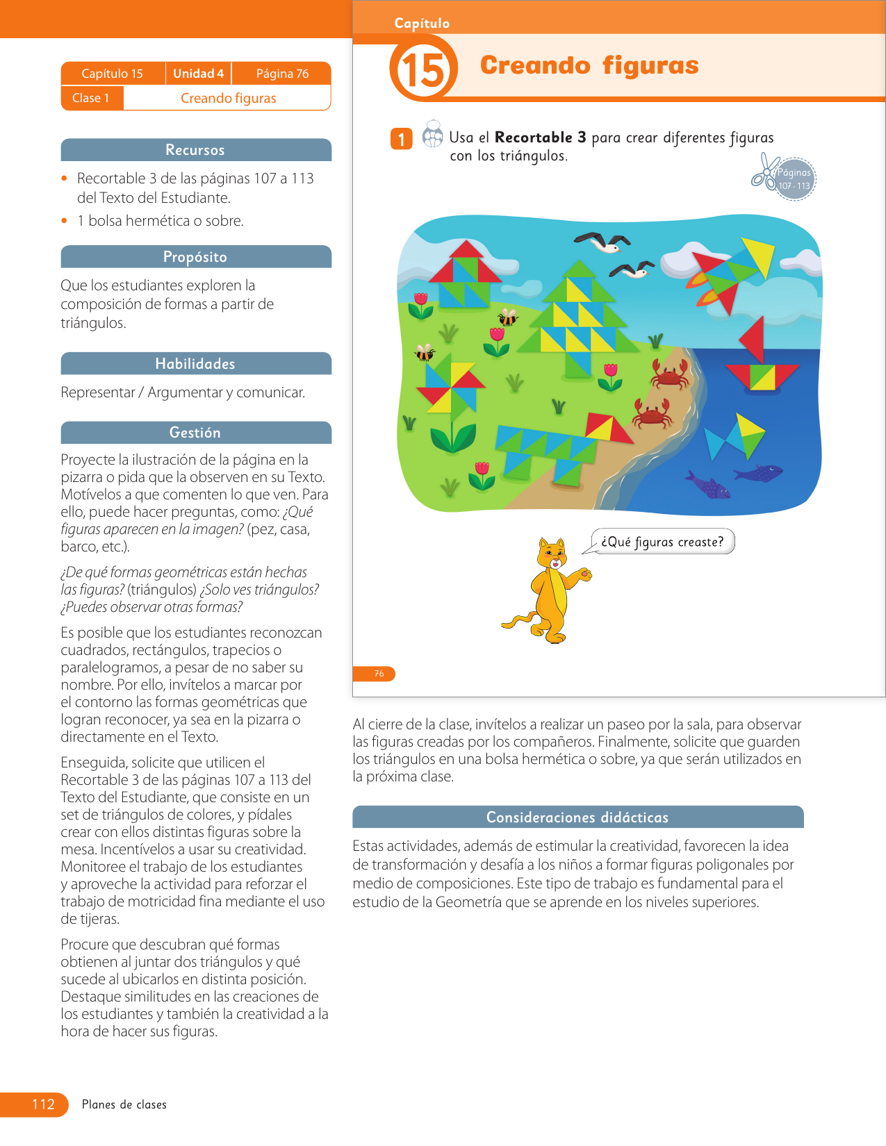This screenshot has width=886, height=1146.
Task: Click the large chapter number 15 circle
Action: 423,69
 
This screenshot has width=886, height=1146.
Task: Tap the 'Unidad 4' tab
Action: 198,73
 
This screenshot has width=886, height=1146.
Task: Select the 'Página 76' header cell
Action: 282,73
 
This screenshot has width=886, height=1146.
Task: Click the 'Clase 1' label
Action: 91,98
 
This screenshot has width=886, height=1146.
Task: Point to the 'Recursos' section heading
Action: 195,150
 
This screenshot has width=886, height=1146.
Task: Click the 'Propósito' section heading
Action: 195,257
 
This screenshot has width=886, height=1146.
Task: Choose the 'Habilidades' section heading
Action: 195,364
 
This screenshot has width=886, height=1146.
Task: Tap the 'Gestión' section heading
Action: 195,433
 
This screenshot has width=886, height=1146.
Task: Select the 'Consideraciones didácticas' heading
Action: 577,817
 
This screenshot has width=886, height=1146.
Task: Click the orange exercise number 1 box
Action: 401,139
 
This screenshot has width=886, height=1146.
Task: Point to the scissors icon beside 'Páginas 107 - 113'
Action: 764,172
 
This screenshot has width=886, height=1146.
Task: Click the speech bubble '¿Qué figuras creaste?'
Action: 662,542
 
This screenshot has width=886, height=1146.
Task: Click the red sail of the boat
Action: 753,339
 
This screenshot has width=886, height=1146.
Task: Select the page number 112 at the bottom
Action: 43,1104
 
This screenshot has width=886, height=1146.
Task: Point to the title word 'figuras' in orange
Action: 650,65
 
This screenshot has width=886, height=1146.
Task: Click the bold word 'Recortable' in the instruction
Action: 533,138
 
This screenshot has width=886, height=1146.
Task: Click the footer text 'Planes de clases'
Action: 124,1104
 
